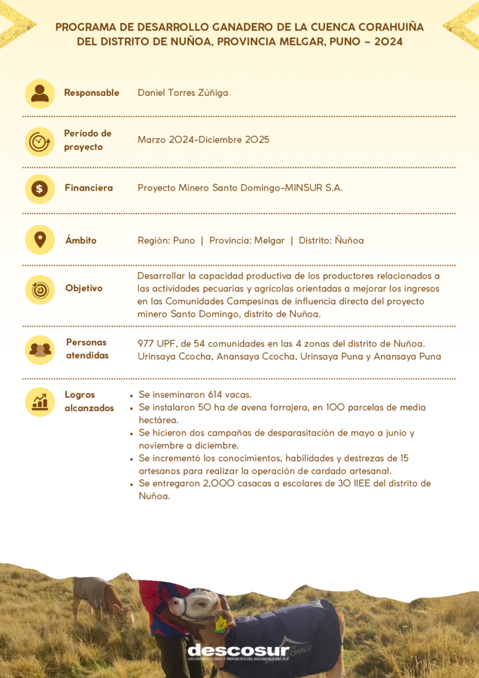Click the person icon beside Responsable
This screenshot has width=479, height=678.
40,93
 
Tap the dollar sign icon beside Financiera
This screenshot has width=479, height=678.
40,189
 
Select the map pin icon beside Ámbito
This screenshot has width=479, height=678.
40,240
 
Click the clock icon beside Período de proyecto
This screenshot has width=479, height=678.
40,141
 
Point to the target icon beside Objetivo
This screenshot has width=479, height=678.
40,289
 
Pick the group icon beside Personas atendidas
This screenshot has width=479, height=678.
40,349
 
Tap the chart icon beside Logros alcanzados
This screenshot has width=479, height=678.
40,401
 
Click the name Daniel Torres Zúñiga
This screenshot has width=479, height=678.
183,93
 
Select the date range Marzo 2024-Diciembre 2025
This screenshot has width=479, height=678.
203,140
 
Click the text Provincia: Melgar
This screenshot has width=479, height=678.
247,240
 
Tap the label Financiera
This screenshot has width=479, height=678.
89,188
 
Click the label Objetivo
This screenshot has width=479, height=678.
84,288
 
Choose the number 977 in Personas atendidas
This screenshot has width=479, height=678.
146,343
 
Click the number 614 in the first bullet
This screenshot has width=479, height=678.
216,395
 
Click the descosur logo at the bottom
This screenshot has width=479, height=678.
238,651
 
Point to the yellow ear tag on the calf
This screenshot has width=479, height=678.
220,622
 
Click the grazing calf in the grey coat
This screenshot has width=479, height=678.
99,596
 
